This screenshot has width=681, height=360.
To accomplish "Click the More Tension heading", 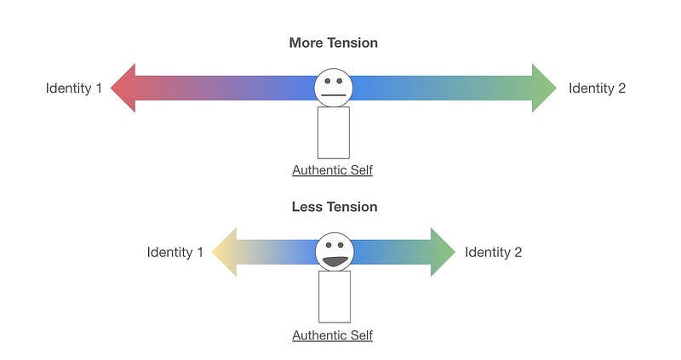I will (x=333, y=43).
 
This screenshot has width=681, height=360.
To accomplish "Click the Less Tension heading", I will (x=334, y=207).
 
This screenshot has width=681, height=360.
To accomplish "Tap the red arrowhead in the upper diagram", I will (x=125, y=88).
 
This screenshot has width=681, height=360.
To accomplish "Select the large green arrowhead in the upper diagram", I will (x=542, y=88).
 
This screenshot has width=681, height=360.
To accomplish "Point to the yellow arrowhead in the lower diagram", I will (x=224, y=252).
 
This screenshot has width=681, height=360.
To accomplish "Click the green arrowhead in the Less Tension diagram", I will (x=442, y=252).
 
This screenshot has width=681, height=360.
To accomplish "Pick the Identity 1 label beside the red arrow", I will (x=74, y=88).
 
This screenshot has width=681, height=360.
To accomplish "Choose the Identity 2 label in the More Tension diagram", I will (x=597, y=88).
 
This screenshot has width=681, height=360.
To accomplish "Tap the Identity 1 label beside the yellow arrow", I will (x=175, y=252).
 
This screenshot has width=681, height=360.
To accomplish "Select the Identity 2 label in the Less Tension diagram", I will (x=493, y=252).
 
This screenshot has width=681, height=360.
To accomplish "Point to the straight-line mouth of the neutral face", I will (x=333, y=94).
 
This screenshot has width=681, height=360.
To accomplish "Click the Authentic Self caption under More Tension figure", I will (x=332, y=170).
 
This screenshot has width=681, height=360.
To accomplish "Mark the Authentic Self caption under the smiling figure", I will (x=332, y=335).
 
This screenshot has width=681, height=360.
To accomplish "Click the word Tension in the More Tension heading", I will (x=352, y=43).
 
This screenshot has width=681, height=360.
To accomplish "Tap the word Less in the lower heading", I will (x=306, y=207).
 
